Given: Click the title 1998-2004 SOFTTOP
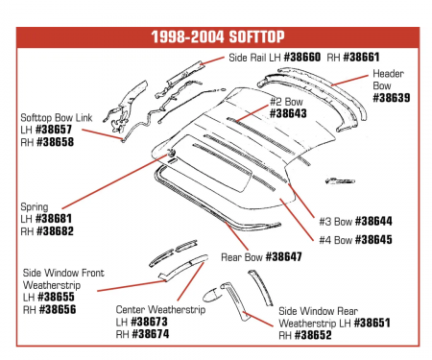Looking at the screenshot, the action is pyautogui.click(x=218, y=37).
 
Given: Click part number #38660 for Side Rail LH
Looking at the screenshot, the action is pyautogui.click(x=302, y=58).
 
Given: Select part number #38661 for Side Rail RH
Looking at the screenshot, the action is pyautogui.click(x=361, y=58).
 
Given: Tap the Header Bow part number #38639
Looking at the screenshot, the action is pyautogui.click(x=392, y=98).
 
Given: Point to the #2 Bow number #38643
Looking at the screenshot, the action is pyautogui.click(x=288, y=113).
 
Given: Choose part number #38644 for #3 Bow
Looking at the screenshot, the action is pyautogui.click(x=373, y=221).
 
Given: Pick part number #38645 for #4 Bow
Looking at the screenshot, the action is pyautogui.click(x=373, y=240).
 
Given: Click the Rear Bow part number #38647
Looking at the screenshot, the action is pyautogui.click(x=284, y=256).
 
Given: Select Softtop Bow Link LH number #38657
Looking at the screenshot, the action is pyautogui.click(x=54, y=130).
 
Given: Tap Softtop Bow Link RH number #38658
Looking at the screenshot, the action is pyautogui.click(x=55, y=142).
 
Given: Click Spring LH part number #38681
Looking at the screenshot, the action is pyautogui.click(x=54, y=219).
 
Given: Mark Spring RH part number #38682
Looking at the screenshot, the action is pyautogui.click(x=55, y=231).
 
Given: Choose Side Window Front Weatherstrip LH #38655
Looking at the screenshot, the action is pyautogui.click(x=56, y=297).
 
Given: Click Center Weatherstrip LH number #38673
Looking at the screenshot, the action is pyautogui.click(x=149, y=322).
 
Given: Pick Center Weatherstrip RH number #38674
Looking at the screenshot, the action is pyautogui.click(x=151, y=334).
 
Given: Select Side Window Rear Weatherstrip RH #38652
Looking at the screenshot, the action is pyautogui.click(x=313, y=335).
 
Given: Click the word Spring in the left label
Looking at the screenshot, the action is pyautogui.click(x=35, y=207).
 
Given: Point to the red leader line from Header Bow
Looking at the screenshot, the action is pyautogui.click(x=349, y=81).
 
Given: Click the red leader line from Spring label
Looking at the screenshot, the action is pyautogui.click(x=114, y=181).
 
